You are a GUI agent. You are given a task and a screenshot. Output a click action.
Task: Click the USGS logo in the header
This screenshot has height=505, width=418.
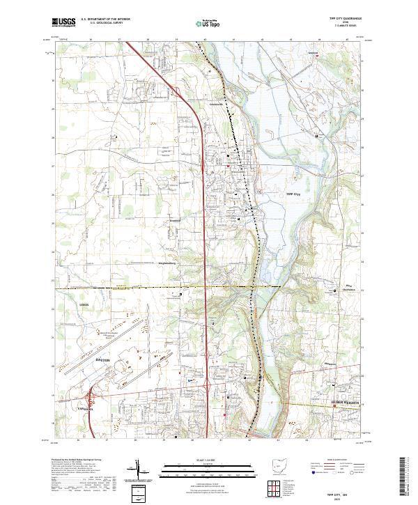click(64, 22)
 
